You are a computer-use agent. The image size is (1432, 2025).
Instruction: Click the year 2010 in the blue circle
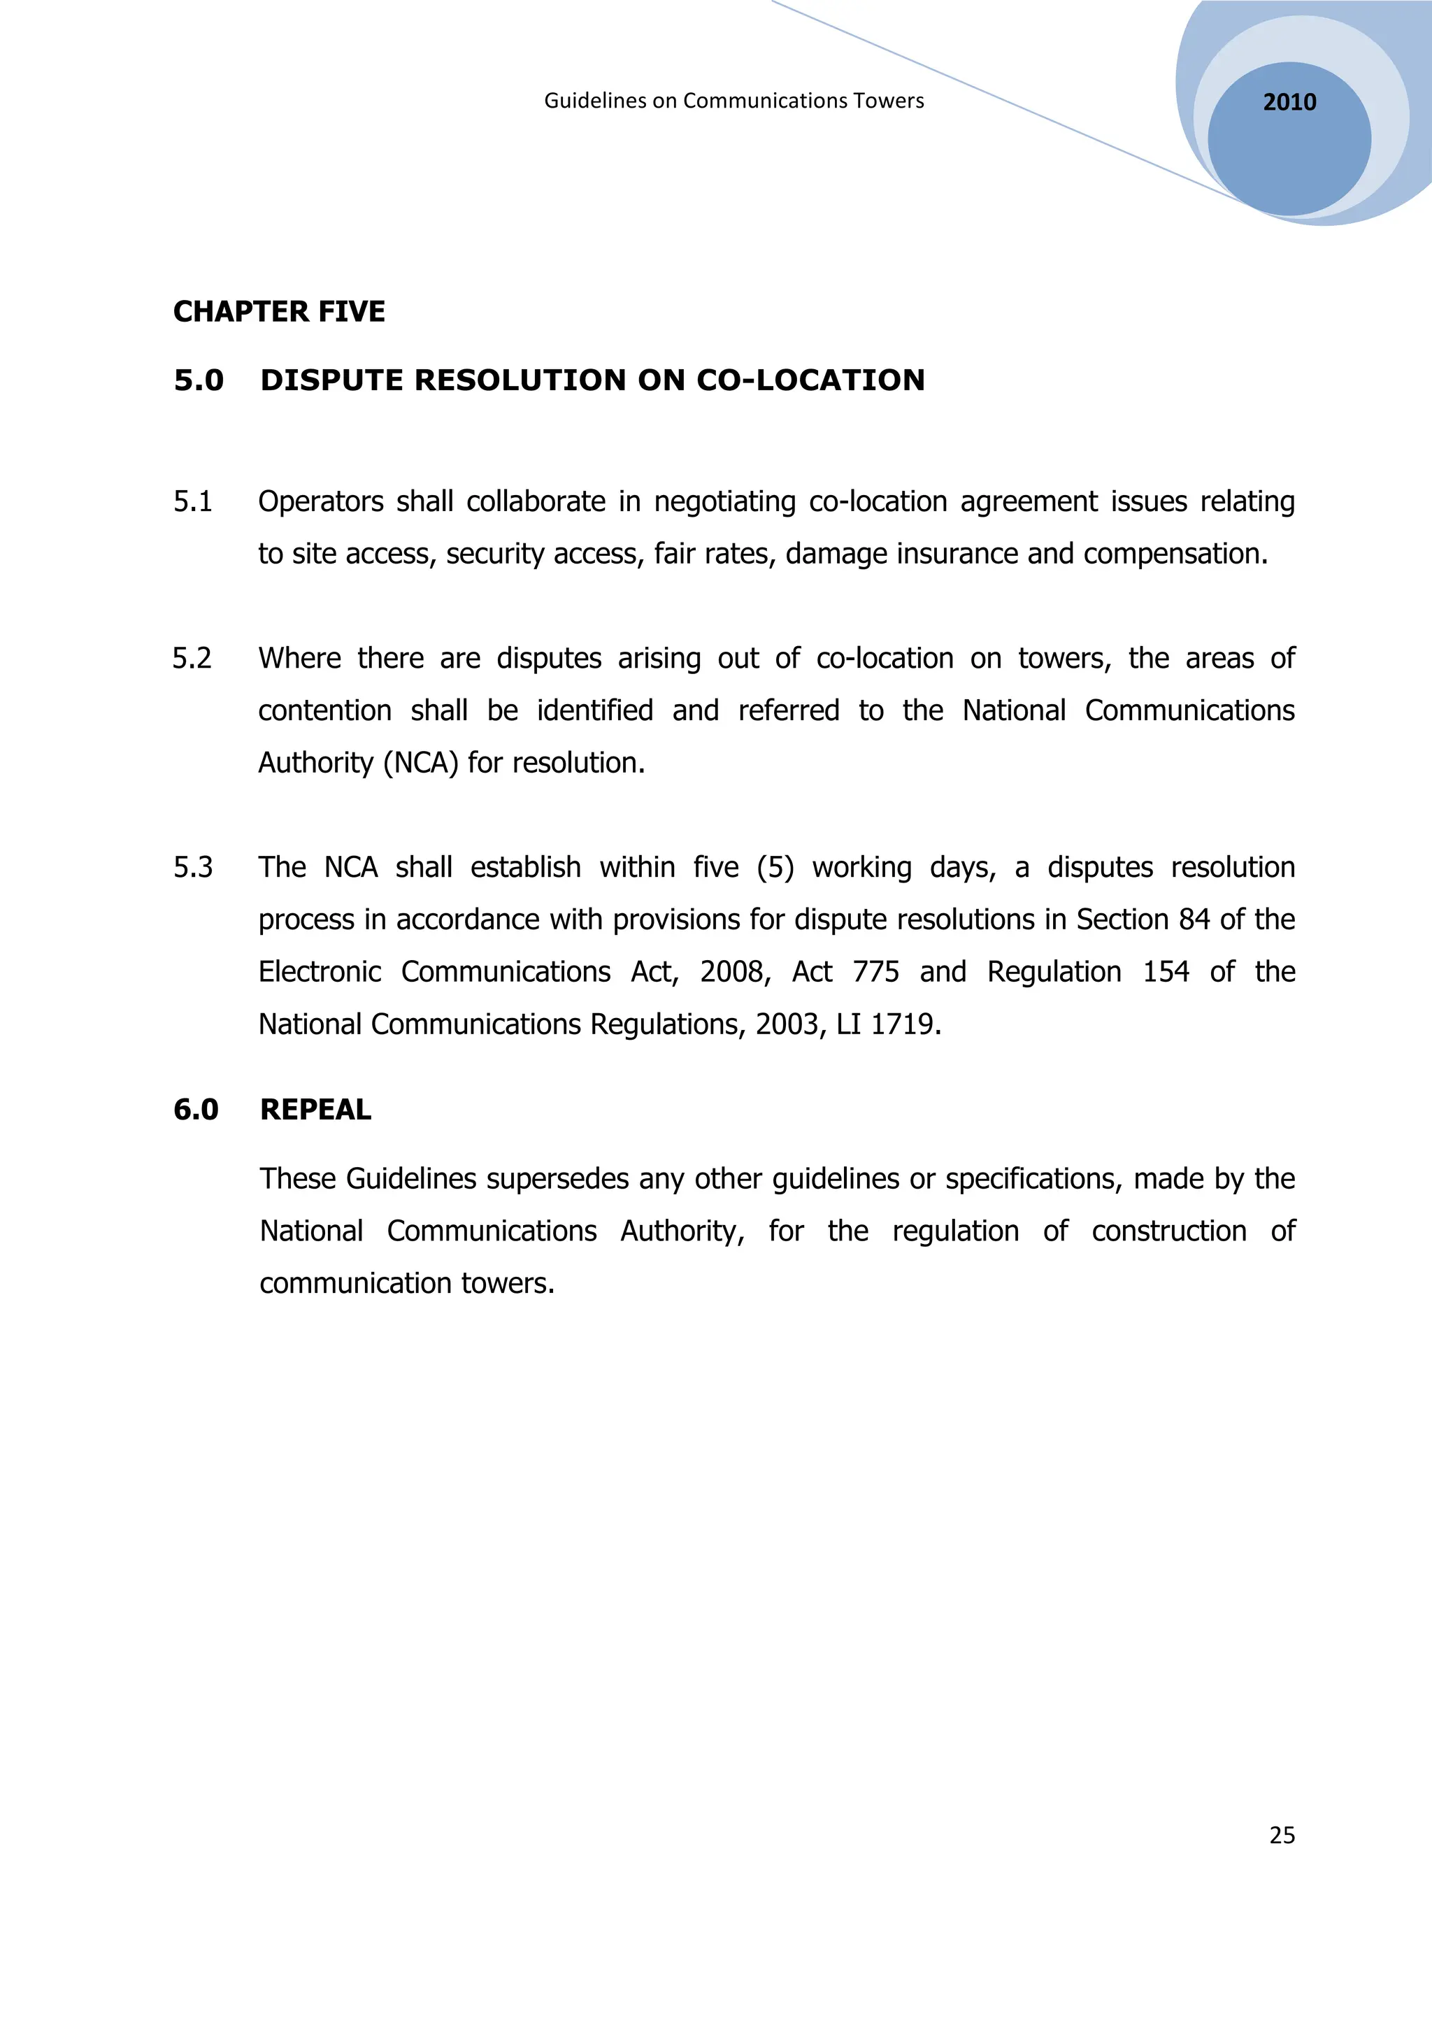tap(1289, 102)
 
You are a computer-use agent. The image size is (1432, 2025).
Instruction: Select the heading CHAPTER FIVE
tap(279, 311)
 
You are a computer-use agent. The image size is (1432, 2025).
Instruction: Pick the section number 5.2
tap(192, 659)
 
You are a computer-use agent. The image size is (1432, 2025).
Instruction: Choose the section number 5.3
tap(192, 868)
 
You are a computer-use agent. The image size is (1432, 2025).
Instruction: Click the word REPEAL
tap(315, 1110)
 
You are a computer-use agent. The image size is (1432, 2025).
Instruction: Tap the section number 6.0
tap(196, 1110)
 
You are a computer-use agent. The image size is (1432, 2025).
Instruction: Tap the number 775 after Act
tap(875, 972)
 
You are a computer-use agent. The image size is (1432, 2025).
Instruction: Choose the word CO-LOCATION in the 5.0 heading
tap(810, 380)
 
